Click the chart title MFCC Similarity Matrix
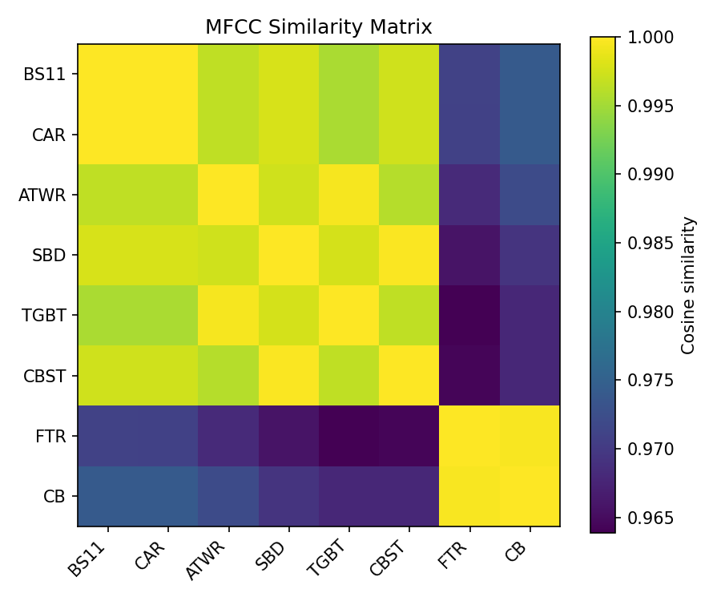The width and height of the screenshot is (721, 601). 318,27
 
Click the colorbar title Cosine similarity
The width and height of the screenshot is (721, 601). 687,284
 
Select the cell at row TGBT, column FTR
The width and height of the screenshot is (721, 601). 469,315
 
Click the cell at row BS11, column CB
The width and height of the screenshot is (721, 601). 530,75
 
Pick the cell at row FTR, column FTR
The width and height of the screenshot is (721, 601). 469,436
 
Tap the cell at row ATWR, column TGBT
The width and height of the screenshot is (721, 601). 348,195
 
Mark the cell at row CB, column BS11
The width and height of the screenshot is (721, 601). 108,496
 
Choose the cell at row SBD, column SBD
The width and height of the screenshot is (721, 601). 288,255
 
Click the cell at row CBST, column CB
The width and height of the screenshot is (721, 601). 530,375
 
